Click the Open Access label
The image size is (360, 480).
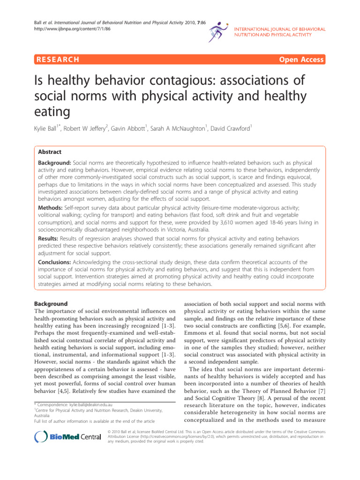tap(302, 60)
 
